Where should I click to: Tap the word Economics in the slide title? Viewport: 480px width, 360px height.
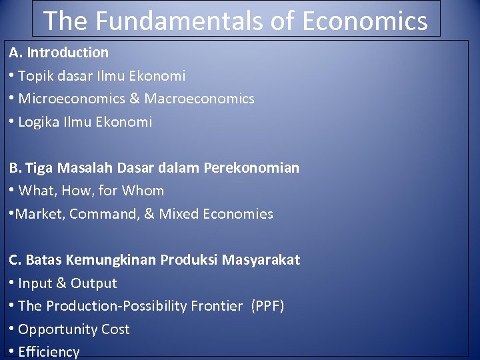(365, 21)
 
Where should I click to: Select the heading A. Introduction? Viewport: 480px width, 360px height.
(59, 52)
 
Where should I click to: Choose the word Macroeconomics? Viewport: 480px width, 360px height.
(199, 99)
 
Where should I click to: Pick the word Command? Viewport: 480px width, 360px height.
(99, 214)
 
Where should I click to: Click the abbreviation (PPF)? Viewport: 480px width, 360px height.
(267, 306)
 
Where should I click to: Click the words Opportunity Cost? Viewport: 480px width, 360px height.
(74, 329)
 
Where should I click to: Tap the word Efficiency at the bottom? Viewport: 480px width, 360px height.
(49, 352)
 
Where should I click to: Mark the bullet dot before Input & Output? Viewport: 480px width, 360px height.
(13, 283)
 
